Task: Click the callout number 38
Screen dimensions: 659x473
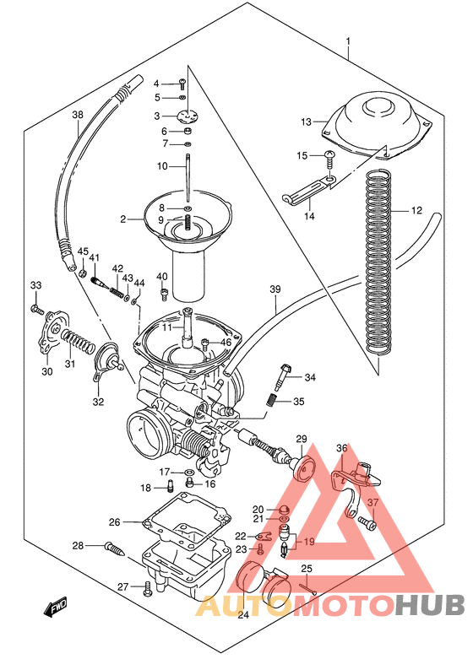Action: (x=78, y=115)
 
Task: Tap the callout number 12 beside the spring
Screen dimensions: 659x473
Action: (x=416, y=210)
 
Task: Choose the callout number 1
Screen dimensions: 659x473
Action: (x=348, y=41)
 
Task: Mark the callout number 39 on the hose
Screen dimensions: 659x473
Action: (x=275, y=290)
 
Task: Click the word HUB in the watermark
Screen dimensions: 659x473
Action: (x=430, y=605)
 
